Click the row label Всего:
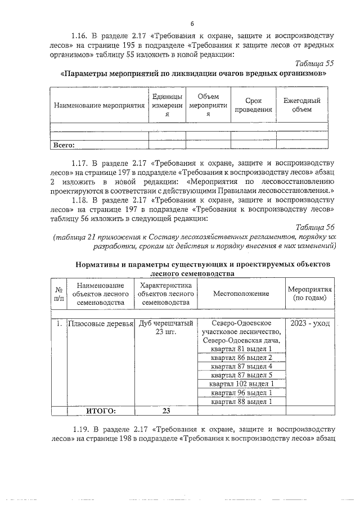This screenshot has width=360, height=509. (64, 145)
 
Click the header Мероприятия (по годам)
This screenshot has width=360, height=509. (310, 293)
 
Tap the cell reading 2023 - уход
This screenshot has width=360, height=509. (310, 324)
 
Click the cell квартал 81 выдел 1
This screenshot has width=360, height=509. (241, 349)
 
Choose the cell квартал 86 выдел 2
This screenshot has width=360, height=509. (241, 358)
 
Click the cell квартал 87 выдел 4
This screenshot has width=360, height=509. (241, 367)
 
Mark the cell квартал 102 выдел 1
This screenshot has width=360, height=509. (241, 384)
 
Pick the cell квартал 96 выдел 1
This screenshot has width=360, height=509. (241, 393)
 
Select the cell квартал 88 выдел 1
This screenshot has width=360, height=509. (241, 402)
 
